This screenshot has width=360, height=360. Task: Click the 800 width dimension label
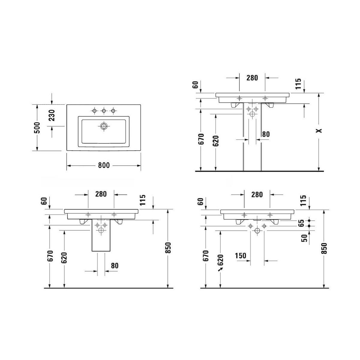(104, 165)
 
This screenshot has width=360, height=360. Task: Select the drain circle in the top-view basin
(104, 126)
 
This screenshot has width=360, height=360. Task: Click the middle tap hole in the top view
(104, 111)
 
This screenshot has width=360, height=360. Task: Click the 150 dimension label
(241, 256)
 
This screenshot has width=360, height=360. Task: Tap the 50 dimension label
(304, 238)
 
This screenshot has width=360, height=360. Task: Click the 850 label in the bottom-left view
(168, 248)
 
